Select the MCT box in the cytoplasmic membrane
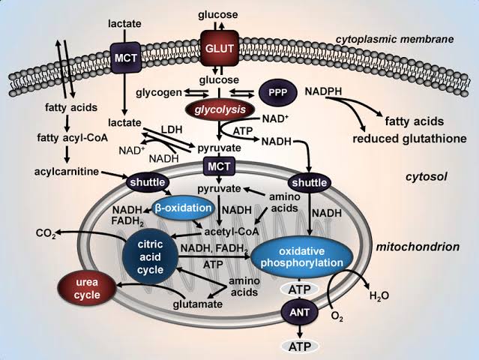123,56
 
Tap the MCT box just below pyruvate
217,166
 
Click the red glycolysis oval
215,109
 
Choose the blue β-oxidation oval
183,208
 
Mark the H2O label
379,296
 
